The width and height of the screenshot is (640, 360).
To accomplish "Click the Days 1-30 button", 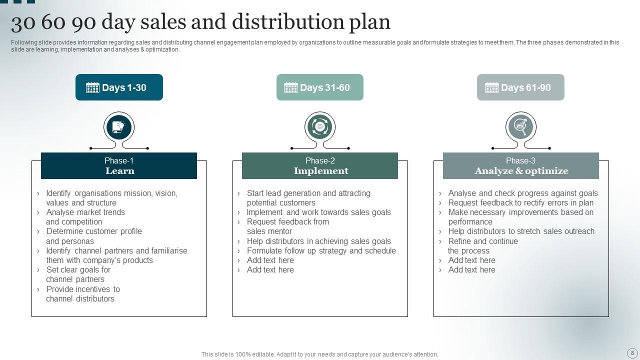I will [x=119, y=87].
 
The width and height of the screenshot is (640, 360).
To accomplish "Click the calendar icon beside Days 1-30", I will [x=92, y=88].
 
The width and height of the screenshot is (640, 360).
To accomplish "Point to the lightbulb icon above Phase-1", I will [x=119, y=127].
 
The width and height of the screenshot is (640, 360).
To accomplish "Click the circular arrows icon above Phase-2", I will [x=320, y=127].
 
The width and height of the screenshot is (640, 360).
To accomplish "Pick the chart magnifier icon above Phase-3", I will [x=520, y=127].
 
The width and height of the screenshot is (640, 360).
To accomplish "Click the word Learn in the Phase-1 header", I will [x=119, y=171].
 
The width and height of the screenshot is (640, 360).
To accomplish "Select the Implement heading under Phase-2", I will [x=321, y=171].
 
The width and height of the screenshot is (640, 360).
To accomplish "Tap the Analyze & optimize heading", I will [x=521, y=171].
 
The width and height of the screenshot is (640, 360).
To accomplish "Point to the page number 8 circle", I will [x=632, y=353].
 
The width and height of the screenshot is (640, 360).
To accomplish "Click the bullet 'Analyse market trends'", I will [x=85, y=212].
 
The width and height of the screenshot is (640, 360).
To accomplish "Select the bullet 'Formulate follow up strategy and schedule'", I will [x=321, y=251].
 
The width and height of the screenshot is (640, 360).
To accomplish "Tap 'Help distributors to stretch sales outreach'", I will [x=521, y=231].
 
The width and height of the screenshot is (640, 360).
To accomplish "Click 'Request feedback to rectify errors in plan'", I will [x=520, y=203].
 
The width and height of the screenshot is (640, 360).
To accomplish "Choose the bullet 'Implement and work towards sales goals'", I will [x=318, y=212].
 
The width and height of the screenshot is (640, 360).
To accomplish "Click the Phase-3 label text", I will [x=520, y=160].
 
